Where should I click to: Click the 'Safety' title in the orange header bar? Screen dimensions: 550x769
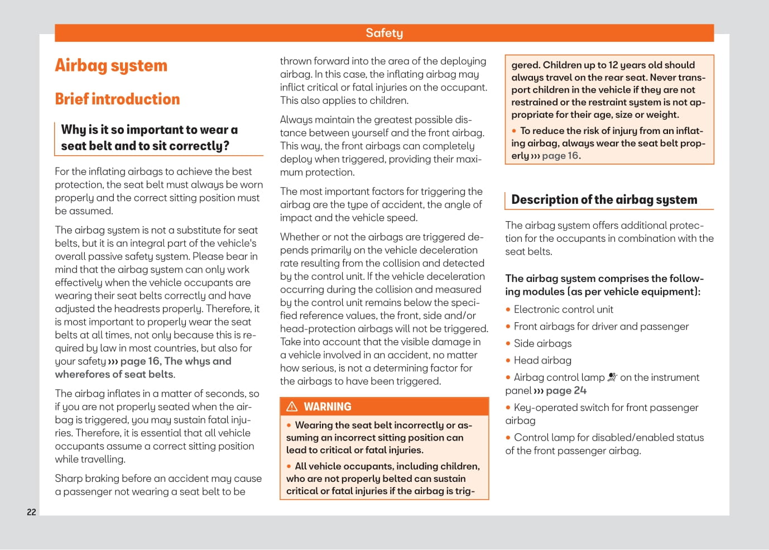click(x=384, y=33)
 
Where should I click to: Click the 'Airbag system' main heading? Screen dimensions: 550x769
click(x=111, y=66)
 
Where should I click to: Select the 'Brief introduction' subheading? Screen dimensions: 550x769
click(x=117, y=99)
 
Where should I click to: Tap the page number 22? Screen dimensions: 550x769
click(x=31, y=512)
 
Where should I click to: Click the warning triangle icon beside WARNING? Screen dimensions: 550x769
click(x=292, y=406)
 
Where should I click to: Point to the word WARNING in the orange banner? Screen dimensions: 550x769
click(x=328, y=406)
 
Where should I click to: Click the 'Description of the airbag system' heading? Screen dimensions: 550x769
click(x=604, y=200)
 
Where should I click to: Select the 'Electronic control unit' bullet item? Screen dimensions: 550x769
click(x=563, y=309)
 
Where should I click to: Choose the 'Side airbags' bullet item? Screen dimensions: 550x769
click(x=542, y=343)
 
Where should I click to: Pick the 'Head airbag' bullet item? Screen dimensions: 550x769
click(x=542, y=360)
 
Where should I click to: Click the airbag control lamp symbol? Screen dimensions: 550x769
click(x=612, y=377)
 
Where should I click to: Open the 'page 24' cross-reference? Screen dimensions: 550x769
click(x=566, y=390)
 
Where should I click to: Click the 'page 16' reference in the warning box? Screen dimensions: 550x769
click(x=560, y=156)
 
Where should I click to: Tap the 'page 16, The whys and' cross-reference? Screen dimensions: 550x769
click(x=175, y=361)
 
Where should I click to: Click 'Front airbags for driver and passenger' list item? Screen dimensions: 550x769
click(x=601, y=327)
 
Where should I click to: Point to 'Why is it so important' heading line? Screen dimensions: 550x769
click(x=149, y=130)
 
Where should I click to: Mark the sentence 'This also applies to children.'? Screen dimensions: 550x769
click(x=344, y=101)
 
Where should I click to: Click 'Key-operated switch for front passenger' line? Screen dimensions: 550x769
click(x=605, y=408)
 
